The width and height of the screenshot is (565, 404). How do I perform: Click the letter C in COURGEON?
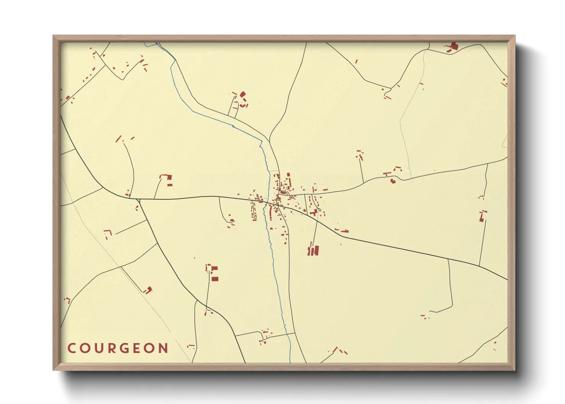tap(71, 348)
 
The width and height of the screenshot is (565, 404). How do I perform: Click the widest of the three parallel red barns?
tap(316, 250)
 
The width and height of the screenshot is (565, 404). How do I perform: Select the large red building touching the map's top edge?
tap(454, 46)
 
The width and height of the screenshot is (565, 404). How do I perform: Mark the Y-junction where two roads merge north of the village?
tap(270, 140)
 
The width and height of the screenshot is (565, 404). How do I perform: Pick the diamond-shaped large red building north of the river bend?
tap(242, 94)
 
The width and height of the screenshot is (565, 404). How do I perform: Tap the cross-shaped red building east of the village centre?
tap(314, 212)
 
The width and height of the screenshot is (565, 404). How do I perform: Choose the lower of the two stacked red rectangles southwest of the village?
tap(215, 279)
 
